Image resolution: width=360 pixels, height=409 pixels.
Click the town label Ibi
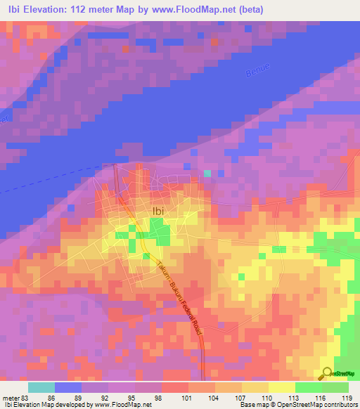(158, 209)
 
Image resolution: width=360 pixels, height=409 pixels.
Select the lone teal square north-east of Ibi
(207, 172)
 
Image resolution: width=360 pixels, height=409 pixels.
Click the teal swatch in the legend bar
(41, 387)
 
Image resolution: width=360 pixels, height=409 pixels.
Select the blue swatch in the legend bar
(68, 387)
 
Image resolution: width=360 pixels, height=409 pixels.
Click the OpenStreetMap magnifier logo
(328, 372)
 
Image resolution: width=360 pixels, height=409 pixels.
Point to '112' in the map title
(98, 9)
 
